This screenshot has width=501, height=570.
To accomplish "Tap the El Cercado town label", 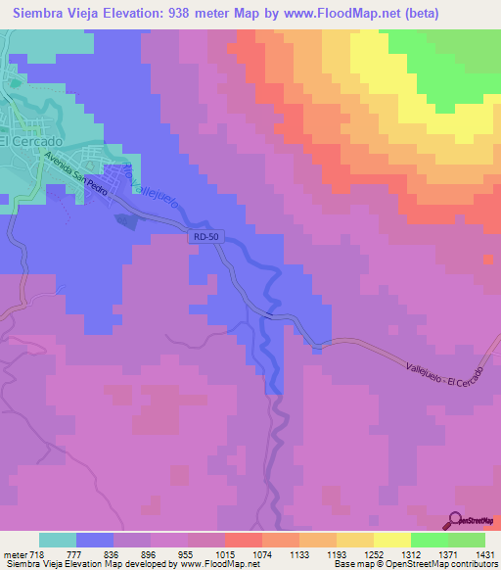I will [30, 140].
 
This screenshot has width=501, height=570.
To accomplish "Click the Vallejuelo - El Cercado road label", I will [443, 370].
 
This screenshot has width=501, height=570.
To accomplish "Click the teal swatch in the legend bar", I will [58, 540].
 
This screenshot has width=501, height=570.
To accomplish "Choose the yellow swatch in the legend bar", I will [354, 540].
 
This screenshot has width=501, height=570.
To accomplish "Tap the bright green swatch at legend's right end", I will [467, 540].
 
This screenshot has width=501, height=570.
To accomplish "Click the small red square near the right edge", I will [488, 259].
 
